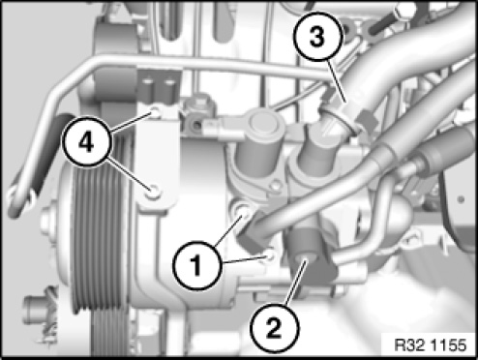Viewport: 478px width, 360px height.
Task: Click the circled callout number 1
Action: point(197,265)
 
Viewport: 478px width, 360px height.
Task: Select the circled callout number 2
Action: point(274,327)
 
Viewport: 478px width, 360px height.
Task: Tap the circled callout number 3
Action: point(317,36)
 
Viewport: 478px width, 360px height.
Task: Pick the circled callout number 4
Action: point(87,141)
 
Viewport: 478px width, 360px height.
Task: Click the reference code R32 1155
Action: point(431,345)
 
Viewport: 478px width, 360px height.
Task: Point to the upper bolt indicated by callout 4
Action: point(156,112)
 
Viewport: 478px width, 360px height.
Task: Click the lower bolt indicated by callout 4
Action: point(154,193)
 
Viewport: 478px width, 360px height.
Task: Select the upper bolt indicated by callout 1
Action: point(244,212)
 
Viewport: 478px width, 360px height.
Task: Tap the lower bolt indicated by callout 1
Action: point(270,255)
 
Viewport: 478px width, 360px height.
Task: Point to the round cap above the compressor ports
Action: point(263,123)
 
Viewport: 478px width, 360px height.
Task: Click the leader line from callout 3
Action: point(337,81)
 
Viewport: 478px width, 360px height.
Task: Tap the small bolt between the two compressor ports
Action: point(276,186)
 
